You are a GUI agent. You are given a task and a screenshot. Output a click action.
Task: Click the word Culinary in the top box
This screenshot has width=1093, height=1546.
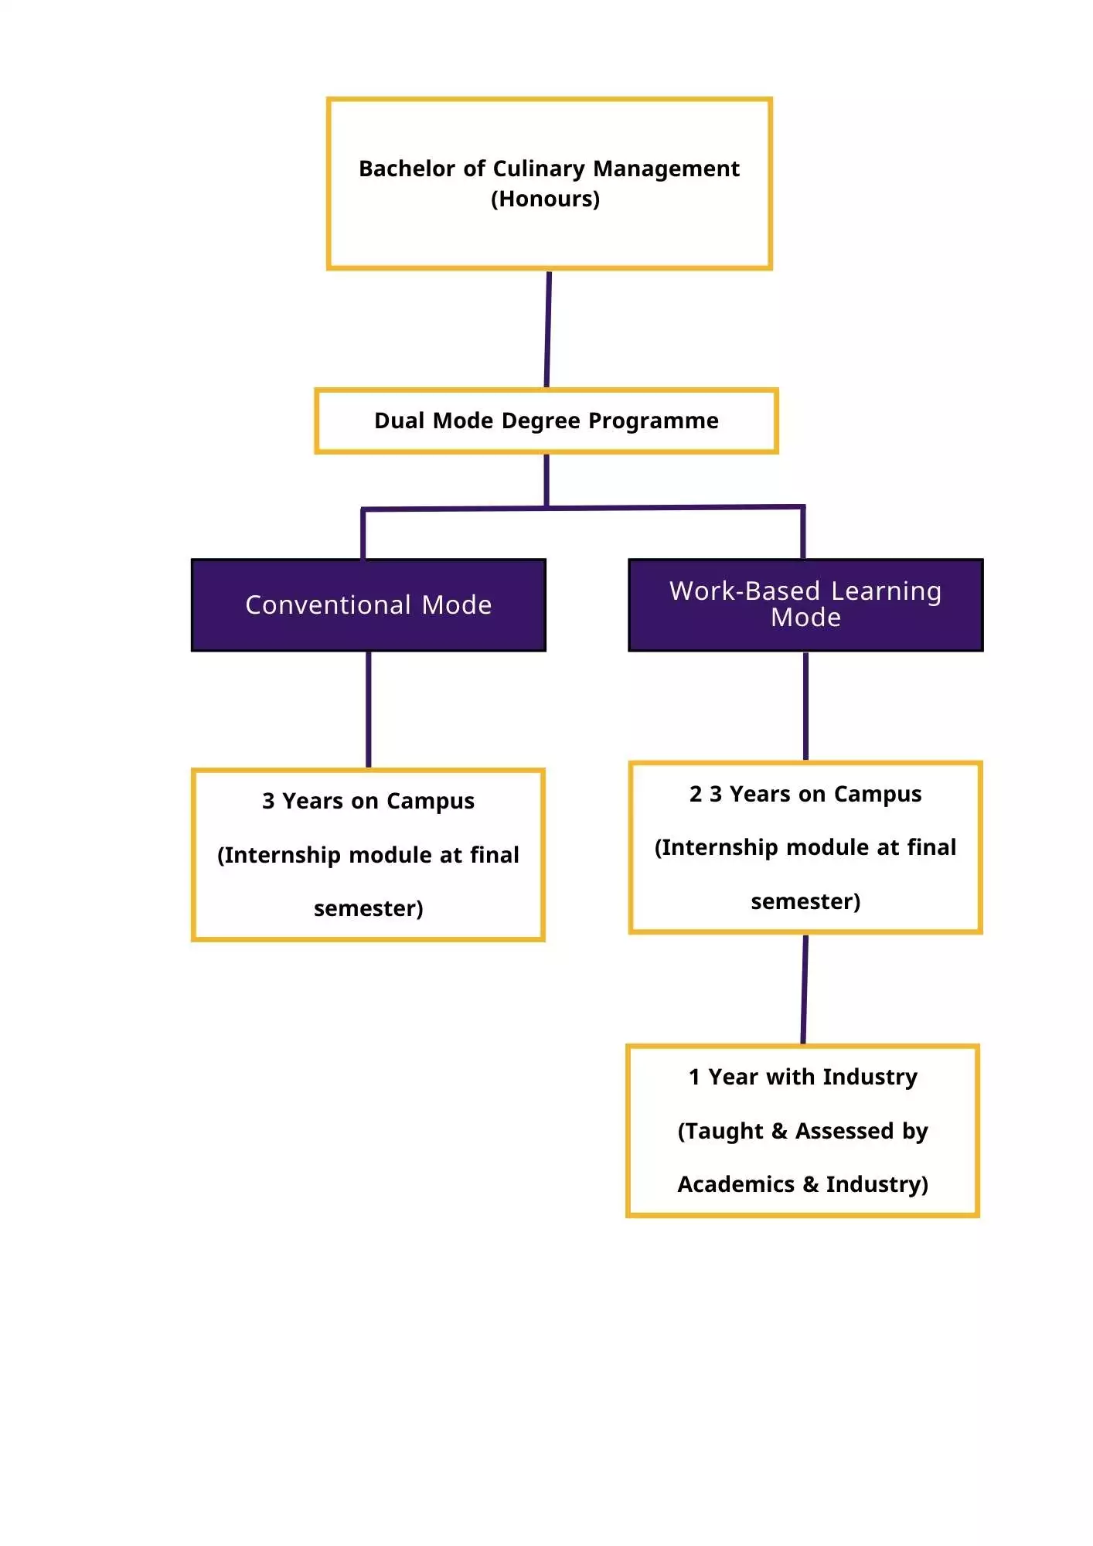click(x=538, y=169)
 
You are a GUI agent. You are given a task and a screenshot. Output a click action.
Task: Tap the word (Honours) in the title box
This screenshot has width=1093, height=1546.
click(x=545, y=199)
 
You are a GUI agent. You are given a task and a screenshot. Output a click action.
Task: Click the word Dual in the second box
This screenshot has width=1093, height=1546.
click(x=400, y=421)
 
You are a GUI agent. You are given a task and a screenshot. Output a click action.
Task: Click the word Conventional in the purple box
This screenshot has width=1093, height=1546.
click(x=328, y=604)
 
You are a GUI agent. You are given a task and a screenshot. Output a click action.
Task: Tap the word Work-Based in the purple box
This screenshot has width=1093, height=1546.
click(x=744, y=591)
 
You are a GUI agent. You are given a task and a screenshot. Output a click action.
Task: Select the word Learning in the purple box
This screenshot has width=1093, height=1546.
click(x=886, y=591)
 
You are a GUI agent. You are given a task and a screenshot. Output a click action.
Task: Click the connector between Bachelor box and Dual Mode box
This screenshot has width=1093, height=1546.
click(x=547, y=329)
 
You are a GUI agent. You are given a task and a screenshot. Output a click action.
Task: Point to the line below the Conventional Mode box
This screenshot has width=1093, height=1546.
click(x=369, y=709)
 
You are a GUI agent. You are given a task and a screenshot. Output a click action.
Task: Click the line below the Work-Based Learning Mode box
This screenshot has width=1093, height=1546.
click(x=805, y=706)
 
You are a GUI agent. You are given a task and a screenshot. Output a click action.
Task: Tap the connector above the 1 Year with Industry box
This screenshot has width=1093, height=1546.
click(x=804, y=989)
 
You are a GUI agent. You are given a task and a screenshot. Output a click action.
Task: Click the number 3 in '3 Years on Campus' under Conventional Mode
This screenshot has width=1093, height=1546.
click(x=268, y=801)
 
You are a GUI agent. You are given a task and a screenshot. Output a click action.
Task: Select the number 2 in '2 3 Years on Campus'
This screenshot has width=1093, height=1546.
click(x=696, y=794)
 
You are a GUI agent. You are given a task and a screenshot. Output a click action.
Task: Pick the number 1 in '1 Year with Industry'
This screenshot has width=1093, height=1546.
click(x=694, y=1077)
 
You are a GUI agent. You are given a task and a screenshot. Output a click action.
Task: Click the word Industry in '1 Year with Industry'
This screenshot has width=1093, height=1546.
click(x=870, y=1077)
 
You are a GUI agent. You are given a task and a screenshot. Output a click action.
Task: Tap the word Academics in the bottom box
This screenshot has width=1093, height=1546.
click(x=736, y=1184)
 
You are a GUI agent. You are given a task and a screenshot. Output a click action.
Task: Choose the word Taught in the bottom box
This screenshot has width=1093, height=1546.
click(x=724, y=1131)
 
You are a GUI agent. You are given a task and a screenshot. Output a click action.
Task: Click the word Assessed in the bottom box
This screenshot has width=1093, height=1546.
click(x=845, y=1131)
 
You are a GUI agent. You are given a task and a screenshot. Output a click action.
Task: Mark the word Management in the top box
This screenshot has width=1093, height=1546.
click(x=666, y=169)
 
